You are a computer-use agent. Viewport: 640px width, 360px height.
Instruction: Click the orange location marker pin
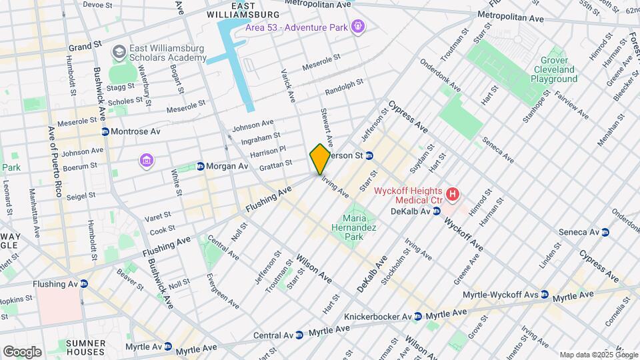(x=320, y=159)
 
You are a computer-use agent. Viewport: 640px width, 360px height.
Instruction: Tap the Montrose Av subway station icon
(x=105, y=132)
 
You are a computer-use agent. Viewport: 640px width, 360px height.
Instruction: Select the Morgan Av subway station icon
(x=200, y=165)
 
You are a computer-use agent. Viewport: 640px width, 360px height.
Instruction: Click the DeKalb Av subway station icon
(x=437, y=211)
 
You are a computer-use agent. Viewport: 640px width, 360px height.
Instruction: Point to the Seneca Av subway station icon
(x=606, y=232)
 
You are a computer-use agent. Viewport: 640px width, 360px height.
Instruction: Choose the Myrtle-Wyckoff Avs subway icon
(x=545, y=294)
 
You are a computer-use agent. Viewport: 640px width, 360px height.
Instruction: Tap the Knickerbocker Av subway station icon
(x=417, y=316)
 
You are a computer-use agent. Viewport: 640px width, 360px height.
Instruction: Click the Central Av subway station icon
(x=300, y=334)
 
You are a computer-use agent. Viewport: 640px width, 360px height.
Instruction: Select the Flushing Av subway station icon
(x=84, y=283)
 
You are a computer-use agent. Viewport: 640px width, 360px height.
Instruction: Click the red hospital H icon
(x=453, y=195)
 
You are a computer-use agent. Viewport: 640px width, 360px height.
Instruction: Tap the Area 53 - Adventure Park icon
(x=359, y=26)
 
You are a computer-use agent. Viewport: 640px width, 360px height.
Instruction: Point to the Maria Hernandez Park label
(x=360, y=227)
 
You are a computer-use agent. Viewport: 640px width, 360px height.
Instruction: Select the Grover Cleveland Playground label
(x=554, y=69)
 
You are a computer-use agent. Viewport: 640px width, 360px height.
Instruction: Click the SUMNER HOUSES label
(x=85, y=347)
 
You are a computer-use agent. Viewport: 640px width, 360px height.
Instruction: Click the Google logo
(x=22, y=351)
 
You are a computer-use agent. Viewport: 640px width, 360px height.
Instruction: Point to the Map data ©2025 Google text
(x=599, y=355)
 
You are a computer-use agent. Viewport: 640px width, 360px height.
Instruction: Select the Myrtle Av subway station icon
(x=168, y=347)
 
